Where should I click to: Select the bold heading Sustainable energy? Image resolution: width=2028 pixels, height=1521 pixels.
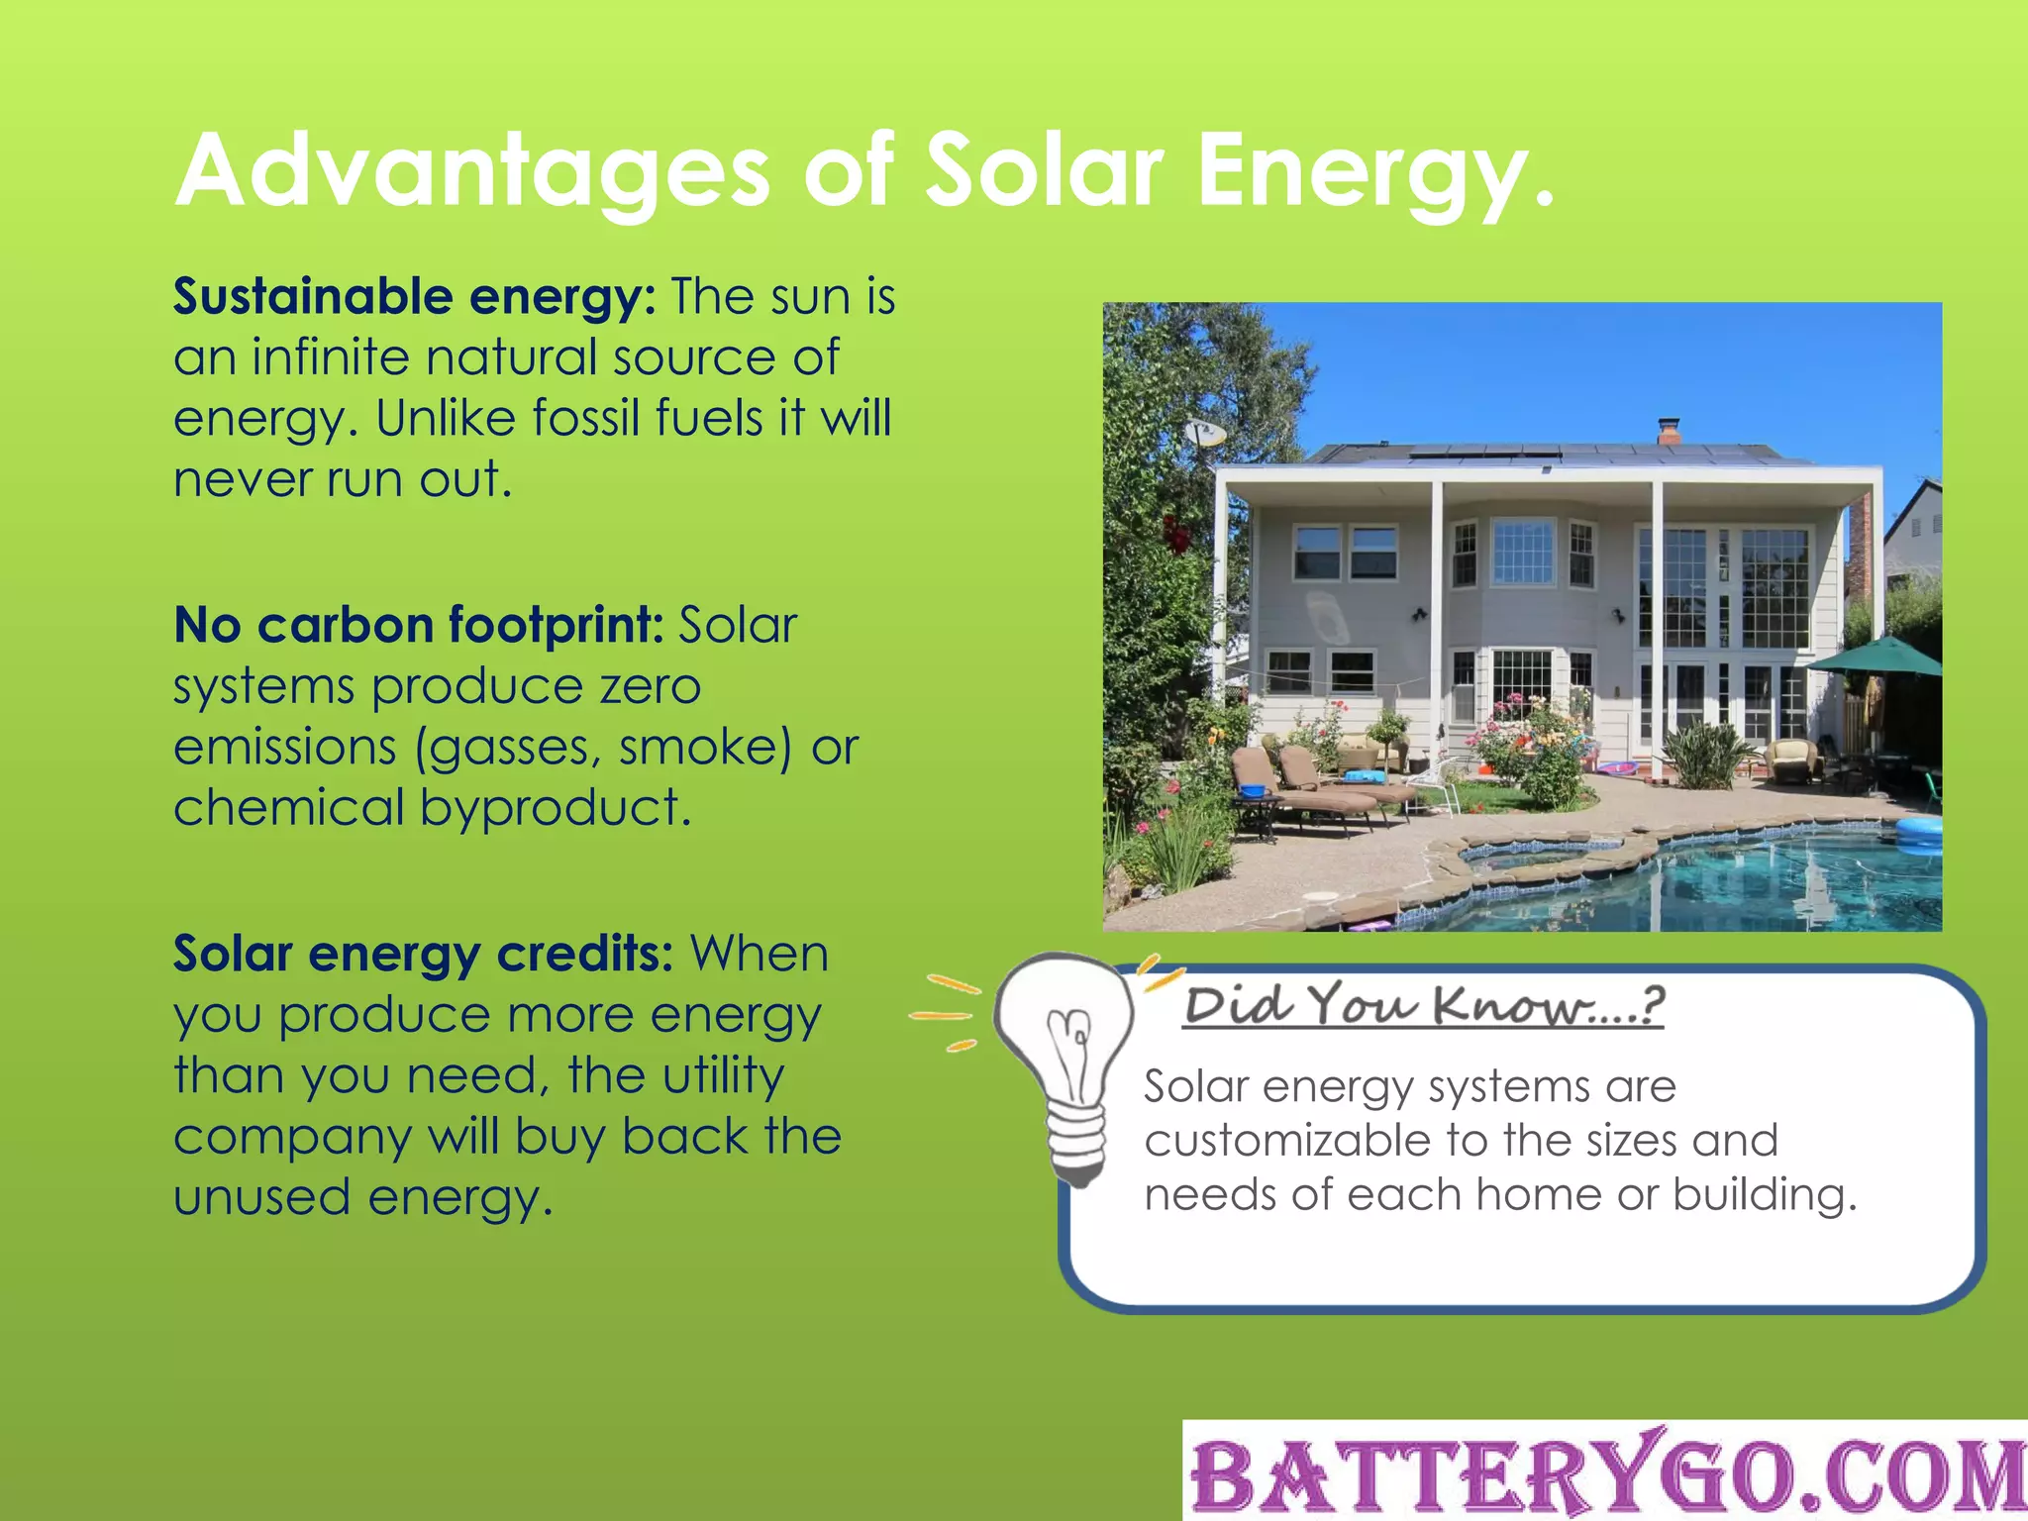(x=414, y=297)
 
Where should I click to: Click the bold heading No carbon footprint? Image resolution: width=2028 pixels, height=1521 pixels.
(x=418, y=626)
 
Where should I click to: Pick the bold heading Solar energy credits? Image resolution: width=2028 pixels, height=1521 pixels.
(x=423, y=955)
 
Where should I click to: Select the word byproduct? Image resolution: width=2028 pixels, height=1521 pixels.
(x=555, y=808)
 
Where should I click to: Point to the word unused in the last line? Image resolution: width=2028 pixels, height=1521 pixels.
(x=261, y=1198)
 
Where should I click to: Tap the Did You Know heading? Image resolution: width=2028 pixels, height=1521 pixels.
(x=1423, y=1006)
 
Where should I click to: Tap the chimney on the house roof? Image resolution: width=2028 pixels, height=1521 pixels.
(x=1669, y=431)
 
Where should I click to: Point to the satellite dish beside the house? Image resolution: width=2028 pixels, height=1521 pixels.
(x=1204, y=433)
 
